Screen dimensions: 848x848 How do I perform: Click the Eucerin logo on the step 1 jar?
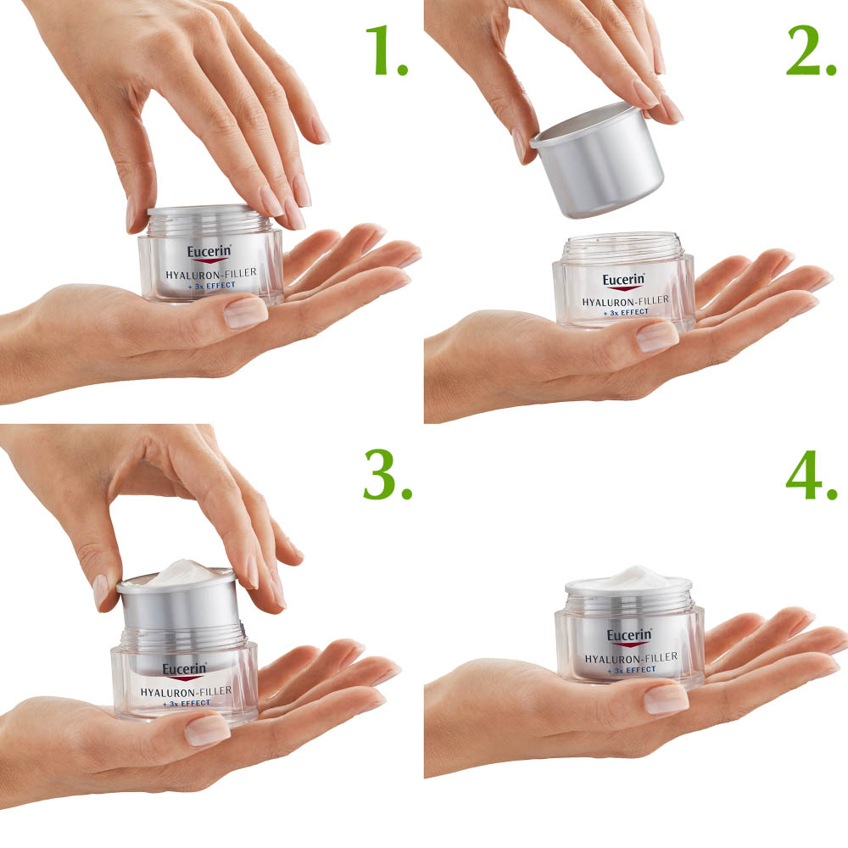(x=209, y=252)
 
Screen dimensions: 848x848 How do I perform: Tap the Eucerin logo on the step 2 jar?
(x=624, y=280)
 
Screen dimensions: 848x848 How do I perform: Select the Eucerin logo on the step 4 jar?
(x=629, y=636)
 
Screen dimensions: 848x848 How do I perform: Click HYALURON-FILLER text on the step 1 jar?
(x=212, y=273)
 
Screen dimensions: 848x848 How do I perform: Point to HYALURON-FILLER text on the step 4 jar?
(x=631, y=657)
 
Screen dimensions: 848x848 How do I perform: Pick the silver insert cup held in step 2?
(x=598, y=161)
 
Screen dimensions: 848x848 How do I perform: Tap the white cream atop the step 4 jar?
(x=628, y=577)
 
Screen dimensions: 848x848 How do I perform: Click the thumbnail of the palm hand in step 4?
(x=665, y=698)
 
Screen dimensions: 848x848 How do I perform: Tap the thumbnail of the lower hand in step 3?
(x=207, y=730)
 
